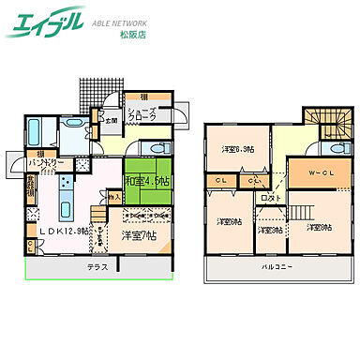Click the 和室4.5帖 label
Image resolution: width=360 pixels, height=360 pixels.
tap(145, 179)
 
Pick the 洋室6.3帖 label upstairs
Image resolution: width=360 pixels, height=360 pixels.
tap(235, 148)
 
